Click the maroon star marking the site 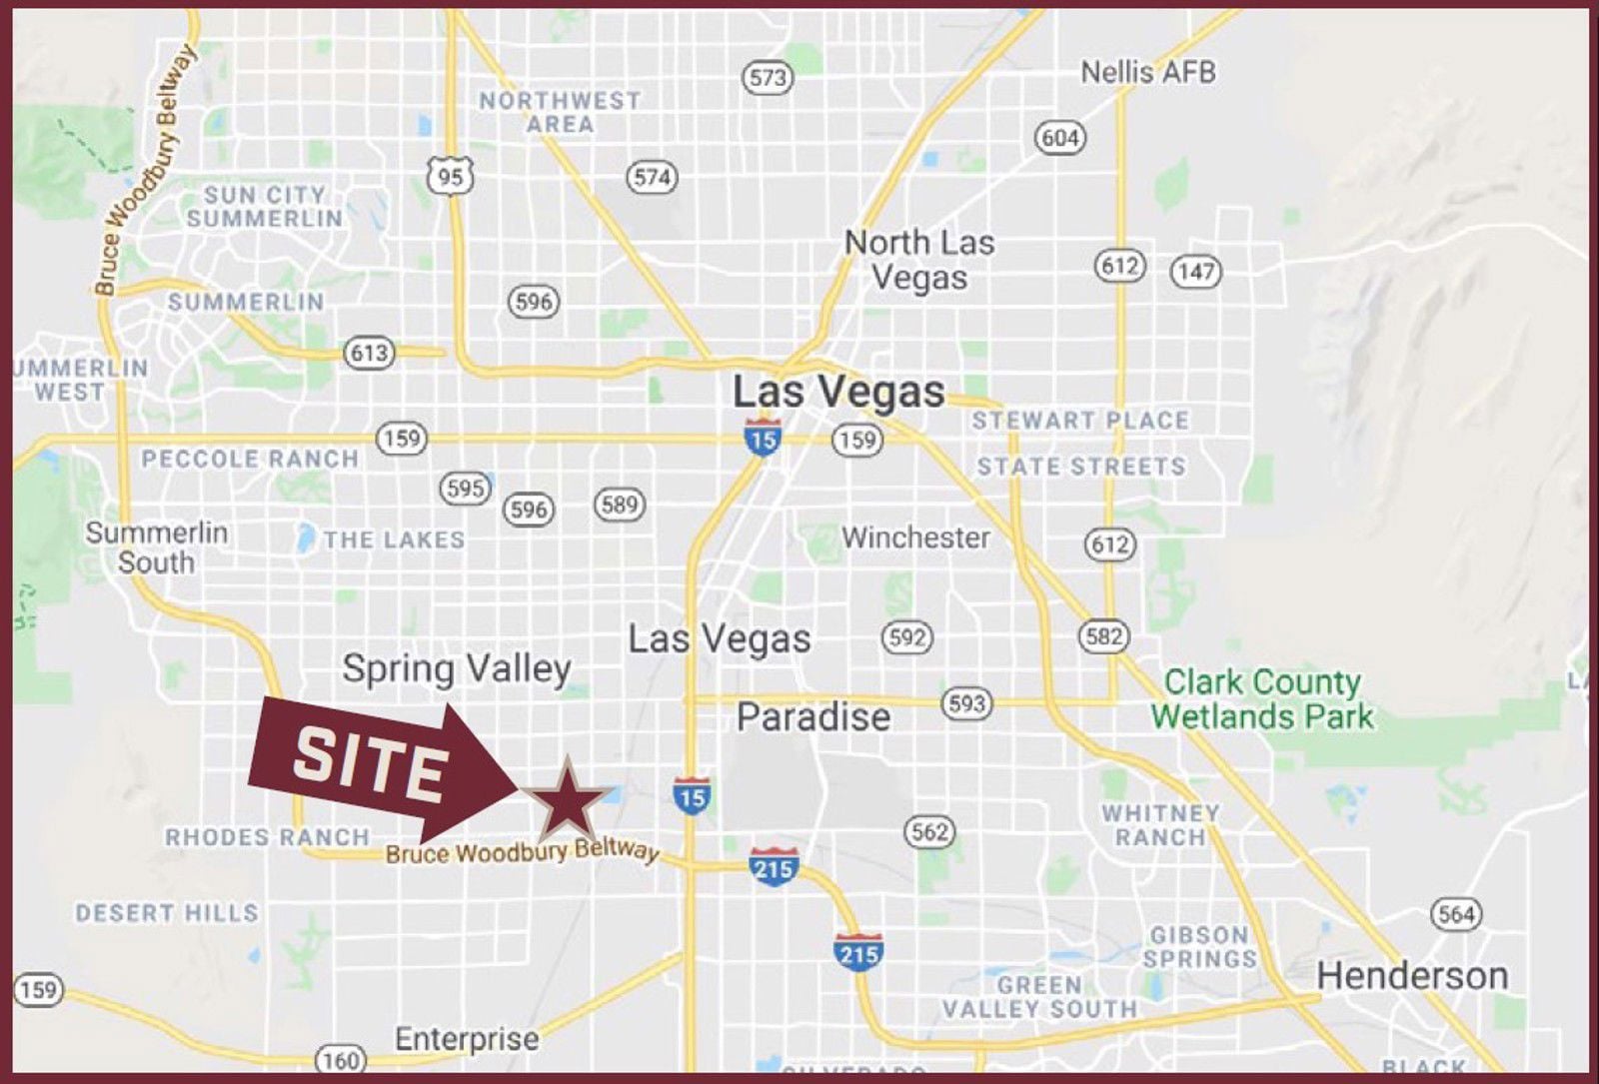coord(567,799)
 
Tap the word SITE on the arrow coord(370,763)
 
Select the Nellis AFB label coord(1148,72)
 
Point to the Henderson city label coord(1412,975)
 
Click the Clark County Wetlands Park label coord(1262,699)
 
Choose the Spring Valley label coord(457,667)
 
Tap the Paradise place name coord(813,716)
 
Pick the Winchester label coord(915,538)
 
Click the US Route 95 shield coord(451,177)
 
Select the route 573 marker coord(768,77)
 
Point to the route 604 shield coord(1059,137)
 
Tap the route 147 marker coord(1196,271)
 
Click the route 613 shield coord(369,353)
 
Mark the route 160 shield coord(340,1060)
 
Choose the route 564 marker coord(1456,914)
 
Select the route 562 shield coord(929,831)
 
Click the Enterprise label coord(467,1039)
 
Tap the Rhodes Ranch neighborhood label coord(267,837)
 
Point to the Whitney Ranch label coord(1160,825)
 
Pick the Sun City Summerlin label coord(264,207)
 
